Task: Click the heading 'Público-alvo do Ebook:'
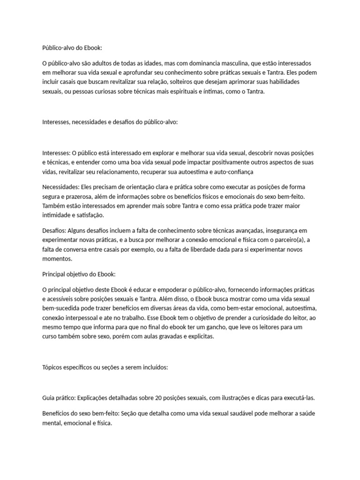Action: click(x=71, y=48)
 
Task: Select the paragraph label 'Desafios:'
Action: click(x=54, y=231)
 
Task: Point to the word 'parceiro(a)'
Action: click(x=291, y=240)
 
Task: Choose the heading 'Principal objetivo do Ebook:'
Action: click(x=78, y=274)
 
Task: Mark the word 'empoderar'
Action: click(x=180, y=289)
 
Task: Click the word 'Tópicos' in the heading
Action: click(x=52, y=368)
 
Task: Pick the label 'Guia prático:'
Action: click(x=59, y=398)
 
